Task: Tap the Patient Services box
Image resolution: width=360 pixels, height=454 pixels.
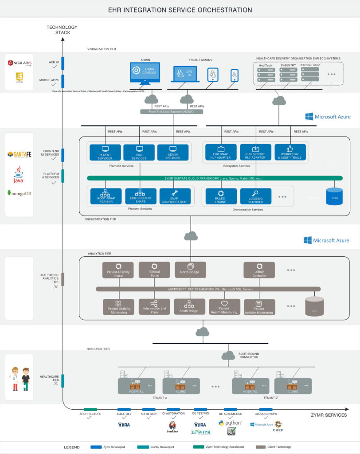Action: click(105, 152)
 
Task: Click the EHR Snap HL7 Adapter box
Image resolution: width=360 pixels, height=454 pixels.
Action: click(219, 152)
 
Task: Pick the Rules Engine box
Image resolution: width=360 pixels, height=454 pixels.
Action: click(220, 196)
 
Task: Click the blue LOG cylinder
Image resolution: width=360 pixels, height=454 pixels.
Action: click(334, 196)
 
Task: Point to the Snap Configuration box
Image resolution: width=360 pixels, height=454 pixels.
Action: click(175, 196)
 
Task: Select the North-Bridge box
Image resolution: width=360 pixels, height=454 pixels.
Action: click(190, 270)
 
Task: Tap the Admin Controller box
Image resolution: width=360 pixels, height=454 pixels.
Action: click(259, 270)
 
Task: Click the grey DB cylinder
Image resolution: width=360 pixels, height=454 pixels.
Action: click(314, 306)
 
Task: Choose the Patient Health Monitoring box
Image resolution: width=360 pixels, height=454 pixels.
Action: click(224, 307)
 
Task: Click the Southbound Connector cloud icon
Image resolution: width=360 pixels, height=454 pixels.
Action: click(228, 355)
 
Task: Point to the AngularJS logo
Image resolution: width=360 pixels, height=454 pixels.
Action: click(20, 63)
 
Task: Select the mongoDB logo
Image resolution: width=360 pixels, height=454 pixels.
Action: click(19, 193)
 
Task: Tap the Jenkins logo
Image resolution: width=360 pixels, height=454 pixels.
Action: click(172, 427)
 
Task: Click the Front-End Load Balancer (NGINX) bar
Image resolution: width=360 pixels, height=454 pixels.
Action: click(172, 112)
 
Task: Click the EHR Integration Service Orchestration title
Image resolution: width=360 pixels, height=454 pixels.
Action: click(180, 10)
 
